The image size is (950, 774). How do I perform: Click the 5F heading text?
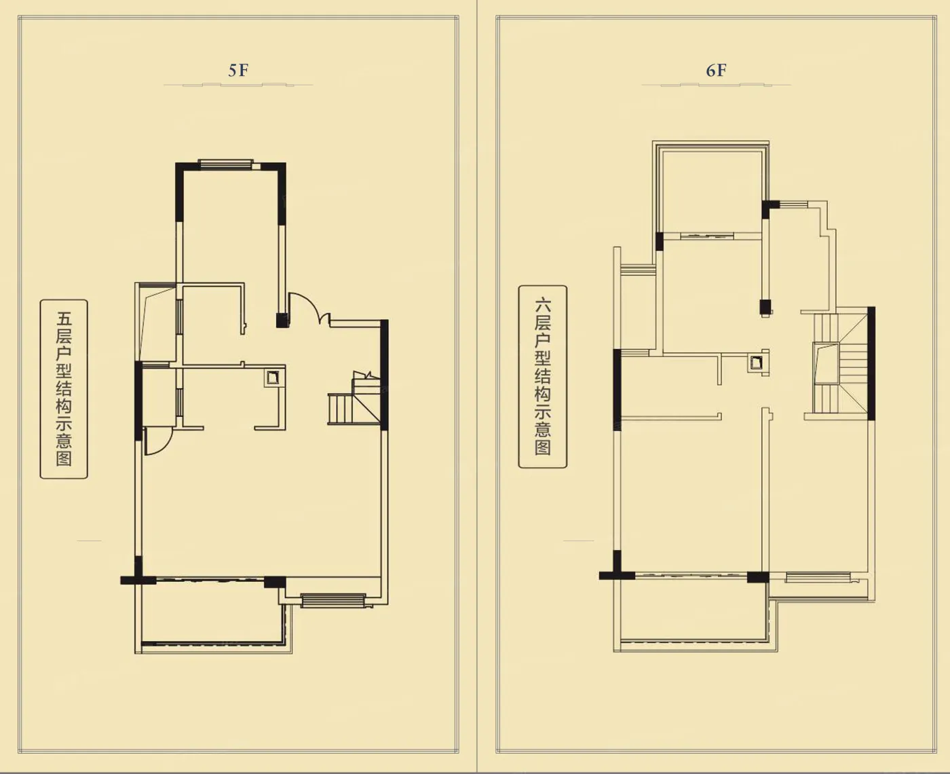(x=238, y=71)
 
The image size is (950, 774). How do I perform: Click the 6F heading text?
(x=716, y=71)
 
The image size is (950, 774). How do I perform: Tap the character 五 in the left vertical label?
(x=64, y=319)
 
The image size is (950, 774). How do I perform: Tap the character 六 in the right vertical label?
(x=542, y=306)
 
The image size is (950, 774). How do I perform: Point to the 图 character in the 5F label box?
(x=64, y=458)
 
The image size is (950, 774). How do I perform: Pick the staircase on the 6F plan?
(x=841, y=364)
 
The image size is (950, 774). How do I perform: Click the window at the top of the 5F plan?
(x=226, y=164)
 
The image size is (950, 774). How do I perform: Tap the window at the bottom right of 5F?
(x=333, y=600)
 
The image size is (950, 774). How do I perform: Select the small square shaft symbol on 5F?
(x=273, y=378)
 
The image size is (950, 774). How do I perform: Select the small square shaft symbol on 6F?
(x=756, y=363)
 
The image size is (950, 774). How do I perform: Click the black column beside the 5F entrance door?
(x=282, y=320)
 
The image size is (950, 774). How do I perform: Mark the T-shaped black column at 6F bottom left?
(x=617, y=568)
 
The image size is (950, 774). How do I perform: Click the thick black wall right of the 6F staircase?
(x=871, y=363)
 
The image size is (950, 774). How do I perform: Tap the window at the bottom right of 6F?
(x=818, y=577)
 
